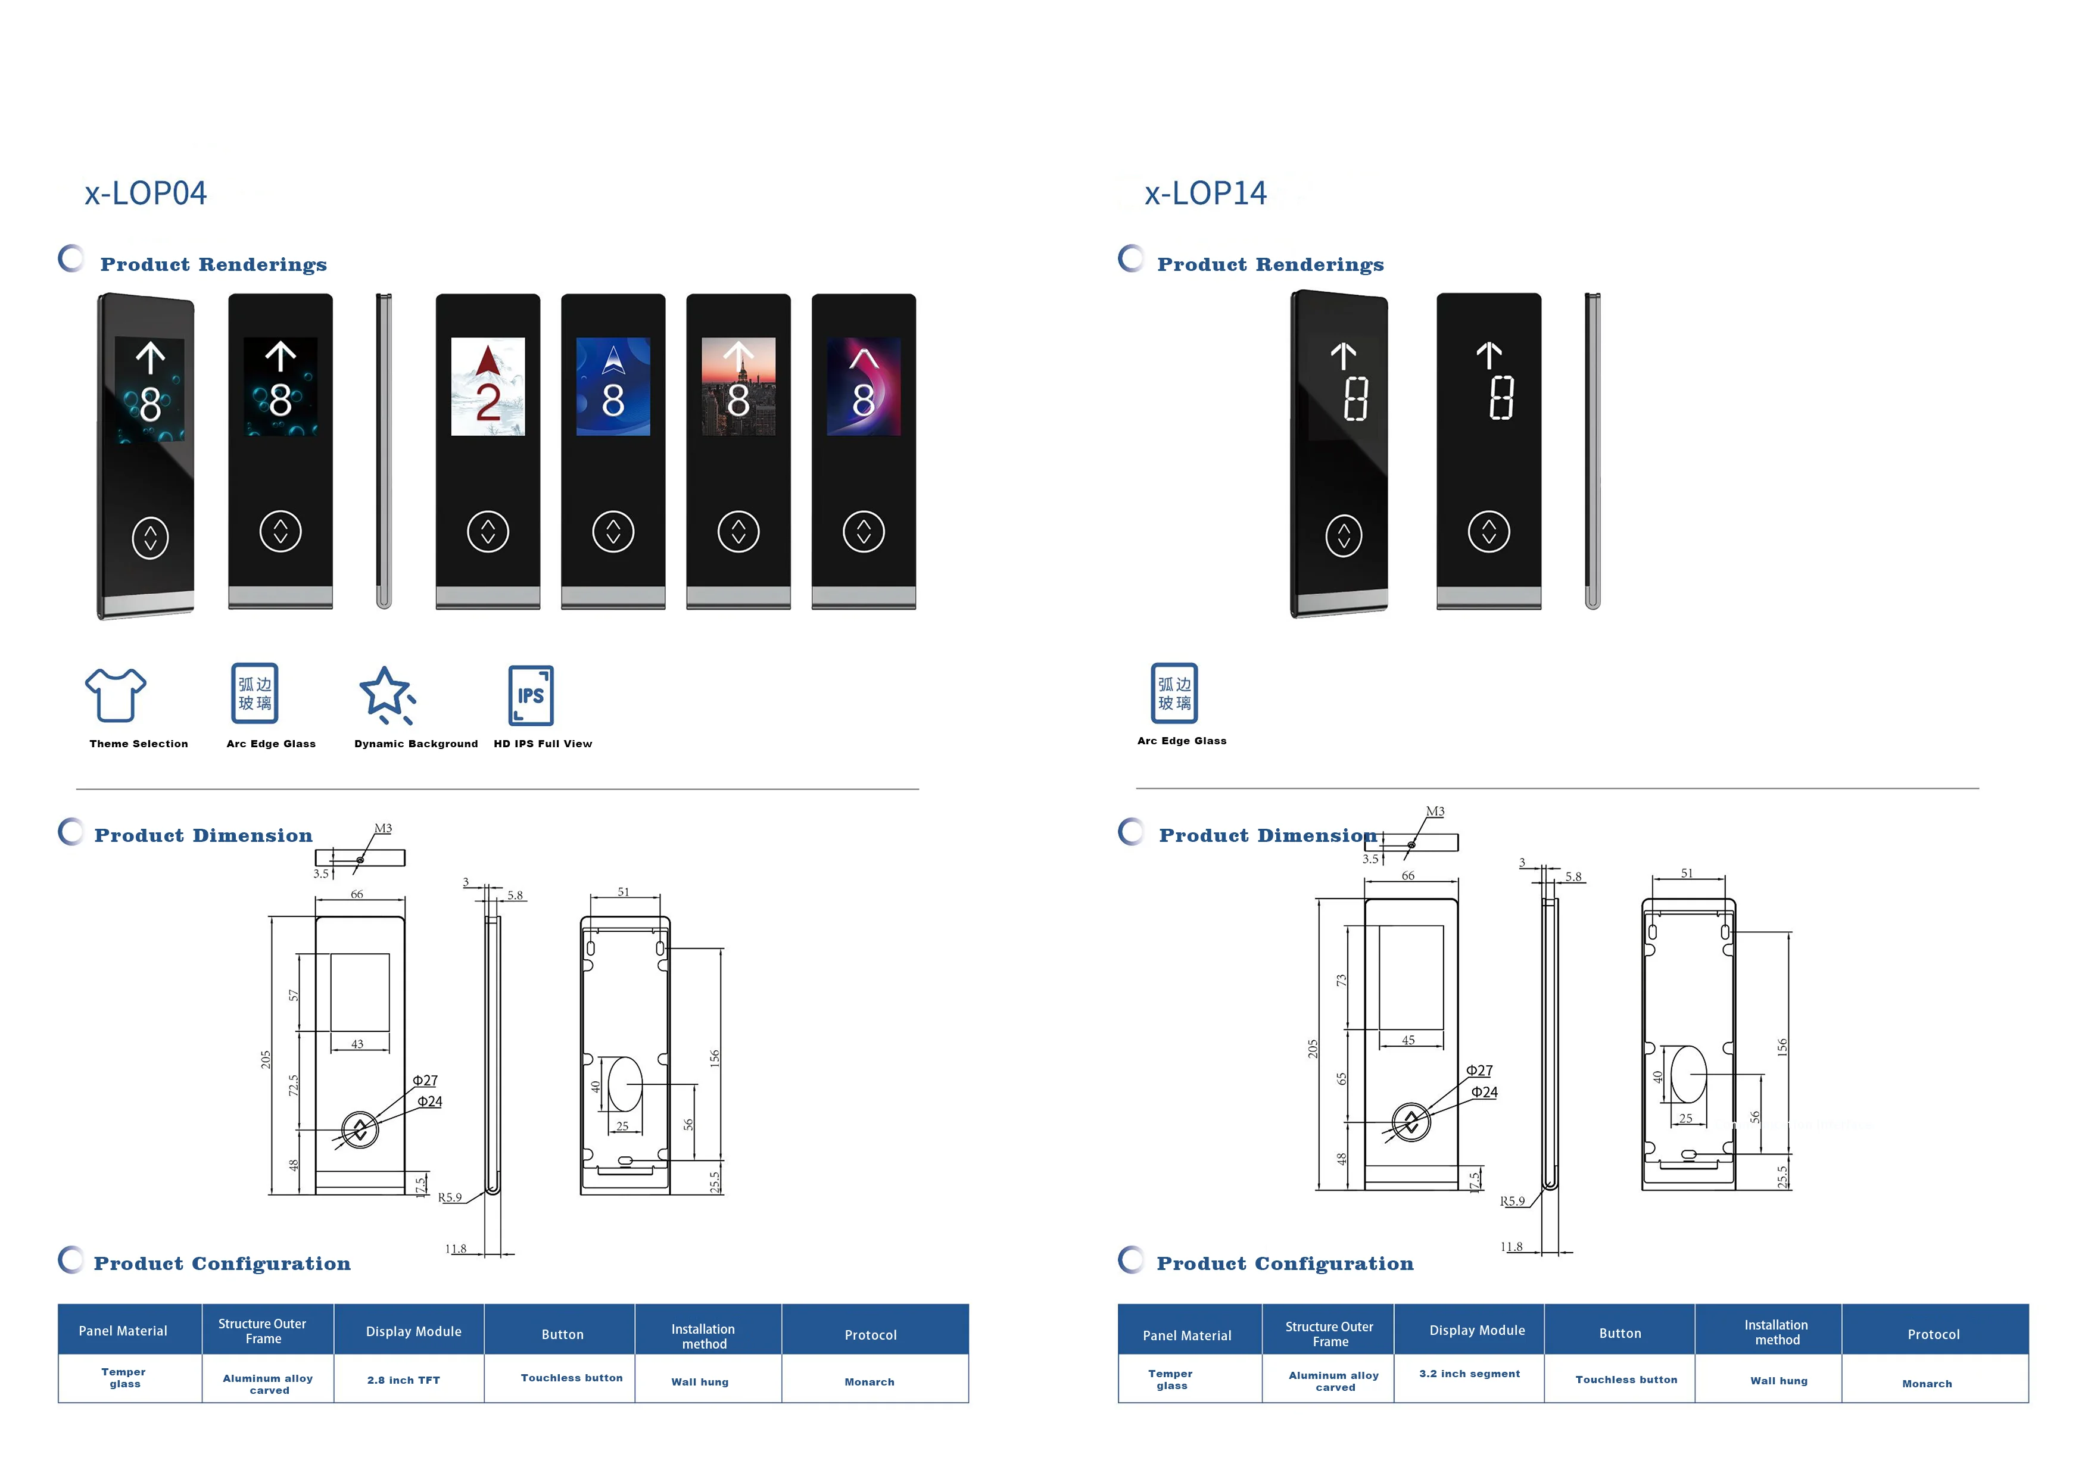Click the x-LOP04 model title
[145, 193]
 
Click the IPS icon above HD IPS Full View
[531, 695]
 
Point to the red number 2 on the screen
[488, 401]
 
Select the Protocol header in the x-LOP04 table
[870, 1334]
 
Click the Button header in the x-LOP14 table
[1620, 1333]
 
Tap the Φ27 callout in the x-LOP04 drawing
[425, 1081]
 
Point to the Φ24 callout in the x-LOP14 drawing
[1484, 1091]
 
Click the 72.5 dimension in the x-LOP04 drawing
[293, 1085]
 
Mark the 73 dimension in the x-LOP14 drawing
[1341, 981]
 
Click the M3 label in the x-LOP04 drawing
[383, 828]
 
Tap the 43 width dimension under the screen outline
[357, 1044]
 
